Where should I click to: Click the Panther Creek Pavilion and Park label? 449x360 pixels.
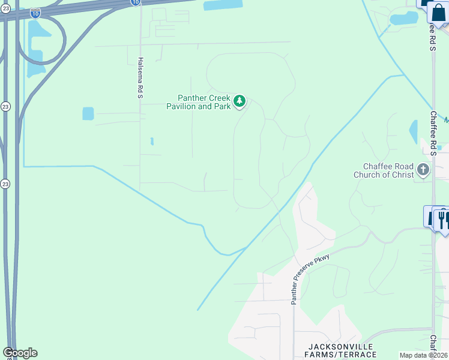pos(199,102)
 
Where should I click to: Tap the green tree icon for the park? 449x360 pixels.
pos(240,101)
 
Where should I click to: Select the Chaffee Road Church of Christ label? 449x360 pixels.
pos(388,171)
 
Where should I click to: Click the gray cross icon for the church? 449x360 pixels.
pos(423,170)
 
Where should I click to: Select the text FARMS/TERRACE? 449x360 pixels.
pos(342,355)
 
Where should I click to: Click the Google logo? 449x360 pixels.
pos(20,353)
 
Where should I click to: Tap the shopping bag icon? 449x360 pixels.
pos(438,12)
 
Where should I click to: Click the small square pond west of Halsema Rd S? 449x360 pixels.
pos(88,113)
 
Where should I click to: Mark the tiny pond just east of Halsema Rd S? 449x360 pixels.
pos(152,142)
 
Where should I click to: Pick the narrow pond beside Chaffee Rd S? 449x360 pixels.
pos(414,132)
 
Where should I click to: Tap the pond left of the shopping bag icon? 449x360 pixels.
pos(404,18)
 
